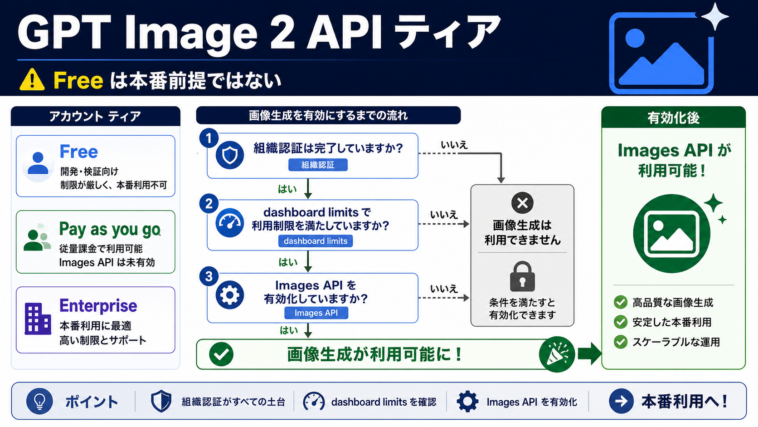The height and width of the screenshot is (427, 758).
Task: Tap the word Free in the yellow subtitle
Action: pyautogui.click(x=78, y=81)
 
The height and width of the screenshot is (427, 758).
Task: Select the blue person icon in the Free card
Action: pyautogui.click(x=38, y=163)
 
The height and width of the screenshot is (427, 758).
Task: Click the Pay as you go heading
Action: pyautogui.click(x=110, y=229)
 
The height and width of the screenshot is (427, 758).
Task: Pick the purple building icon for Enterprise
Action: pyautogui.click(x=38, y=318)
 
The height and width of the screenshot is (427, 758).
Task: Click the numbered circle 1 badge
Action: pyautogui.click(x=209, y=138)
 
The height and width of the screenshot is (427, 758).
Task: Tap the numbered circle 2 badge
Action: pyautogui.click(x=209, y=204)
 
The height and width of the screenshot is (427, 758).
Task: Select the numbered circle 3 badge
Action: pyautogui.click(x=209, y=276)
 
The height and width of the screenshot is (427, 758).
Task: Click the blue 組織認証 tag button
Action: pyautogui.click(x=318, y=165)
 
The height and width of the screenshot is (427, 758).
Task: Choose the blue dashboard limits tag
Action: pyautogui.click(x=316, y=241)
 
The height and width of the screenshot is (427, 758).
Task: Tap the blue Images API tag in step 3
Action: pyautogui.click(x=316, y=313)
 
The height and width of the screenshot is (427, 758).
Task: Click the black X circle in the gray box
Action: pyautogui.click(x=522, y=203)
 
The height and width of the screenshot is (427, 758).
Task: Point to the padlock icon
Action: pyautogui.click(x=522, y=276)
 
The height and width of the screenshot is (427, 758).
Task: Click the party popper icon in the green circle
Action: pyautogui.click(x=557, y=354)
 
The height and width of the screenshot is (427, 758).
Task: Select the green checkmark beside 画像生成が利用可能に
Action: pyautogui.click(x=221, y=354)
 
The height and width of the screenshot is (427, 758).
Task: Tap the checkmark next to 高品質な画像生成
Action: pyautogui.click(x=621, y=302)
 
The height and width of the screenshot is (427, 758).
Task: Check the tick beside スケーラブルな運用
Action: pyautogui.click(x=621, y=342)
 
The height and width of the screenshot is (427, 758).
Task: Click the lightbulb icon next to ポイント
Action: pyautogui.click(x=39, y=401)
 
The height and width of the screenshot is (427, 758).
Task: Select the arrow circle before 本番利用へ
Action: pyautogui.click(x=621, y=401)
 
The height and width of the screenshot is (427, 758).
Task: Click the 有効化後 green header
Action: pyautogui.click(x=673, y=117)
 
